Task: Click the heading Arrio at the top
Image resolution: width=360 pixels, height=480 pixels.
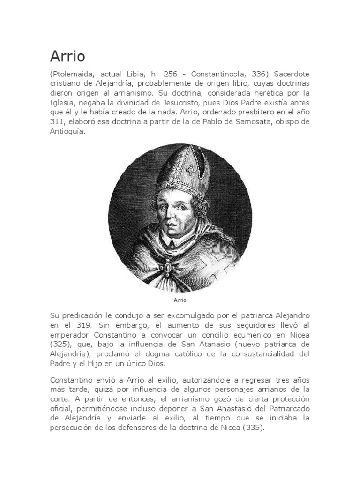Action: [67, 56]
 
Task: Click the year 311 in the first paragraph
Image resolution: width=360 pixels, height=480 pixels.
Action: [57, 122]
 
